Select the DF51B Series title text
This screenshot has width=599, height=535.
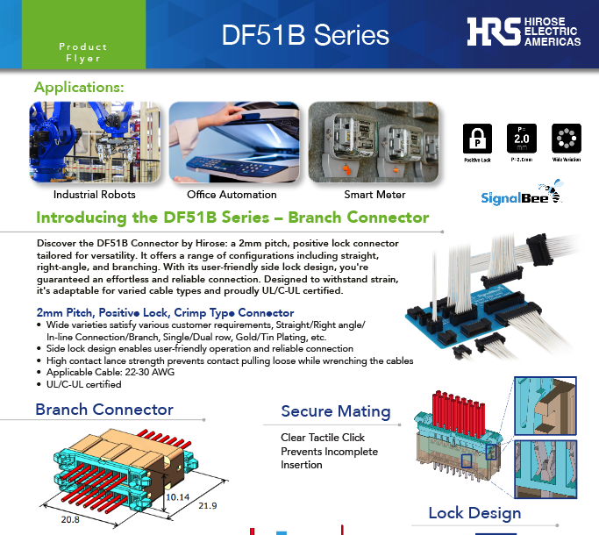click(x=305, y=34)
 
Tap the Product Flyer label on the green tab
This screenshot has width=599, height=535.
click(x=82, y=53)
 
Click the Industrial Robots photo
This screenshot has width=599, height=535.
click(x=95, y=143)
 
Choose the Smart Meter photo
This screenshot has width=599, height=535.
click(x=375, y=143)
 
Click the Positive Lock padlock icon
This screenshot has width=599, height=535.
click(x=478, y=139)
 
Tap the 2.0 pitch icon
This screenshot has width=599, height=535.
click(x=521, y=139)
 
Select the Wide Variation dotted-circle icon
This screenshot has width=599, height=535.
click(x=566, y=139)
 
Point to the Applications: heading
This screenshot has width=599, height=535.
click(x=79, y=88)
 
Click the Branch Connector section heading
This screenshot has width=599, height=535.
click(x=104, y=410)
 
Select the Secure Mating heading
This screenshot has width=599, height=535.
click(x=336, y=411)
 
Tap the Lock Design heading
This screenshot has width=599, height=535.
click(x=474, y=513)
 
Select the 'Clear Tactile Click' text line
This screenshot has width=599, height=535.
click(x=323, y=438)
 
